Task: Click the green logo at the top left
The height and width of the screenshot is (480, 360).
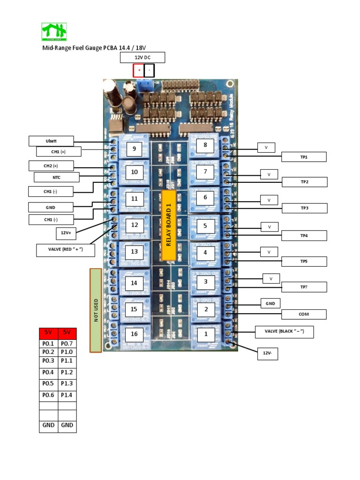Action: pyautogui.click(x=54, y=32)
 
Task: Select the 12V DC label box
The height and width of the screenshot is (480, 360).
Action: pyautogui.click(x=142, y=58)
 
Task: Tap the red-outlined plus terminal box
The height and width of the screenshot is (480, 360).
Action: pyautogui.click(x=139, y=71)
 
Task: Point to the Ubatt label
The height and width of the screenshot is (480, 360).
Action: pyautogui.click(x=51, y=141)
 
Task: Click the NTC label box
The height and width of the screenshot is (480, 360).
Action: pyautogui.click(x=56, y=177)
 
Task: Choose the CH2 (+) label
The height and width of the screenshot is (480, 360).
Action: pyautogui.click(x=51, y=165)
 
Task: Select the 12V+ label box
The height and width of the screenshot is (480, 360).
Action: pyautogui.click(x=66, y=232)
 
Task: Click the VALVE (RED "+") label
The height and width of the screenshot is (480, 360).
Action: pyautogui.click(x=66, y=250)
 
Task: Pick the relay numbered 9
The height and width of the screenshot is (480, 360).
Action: pyautogui.click(x=134, y=149)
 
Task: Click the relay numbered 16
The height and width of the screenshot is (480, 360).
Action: pyautogui.click(x=134, y=334)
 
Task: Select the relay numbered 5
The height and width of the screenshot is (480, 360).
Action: pyautogui.click(x=205, y=225)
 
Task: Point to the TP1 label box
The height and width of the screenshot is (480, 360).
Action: pyautogui.click(x=304, y=157)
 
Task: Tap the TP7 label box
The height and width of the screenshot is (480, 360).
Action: pyautogui.click(x=304, y=287)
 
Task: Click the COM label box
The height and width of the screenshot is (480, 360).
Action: pyautogui.click(x=304, y=314)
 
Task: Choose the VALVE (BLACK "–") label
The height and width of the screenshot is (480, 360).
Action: pyautogui.click(x=284, y=332)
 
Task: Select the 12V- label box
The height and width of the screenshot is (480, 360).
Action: pyautogui.click(x=268, y=354)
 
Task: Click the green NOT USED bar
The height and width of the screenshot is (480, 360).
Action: pyautogui.click(x=96, y=310)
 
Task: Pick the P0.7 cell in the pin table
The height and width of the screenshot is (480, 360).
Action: pyautogui.click(x=67, y=344)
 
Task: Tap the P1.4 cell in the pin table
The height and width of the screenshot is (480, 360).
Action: pyautogui.click(x=67, y=395)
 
